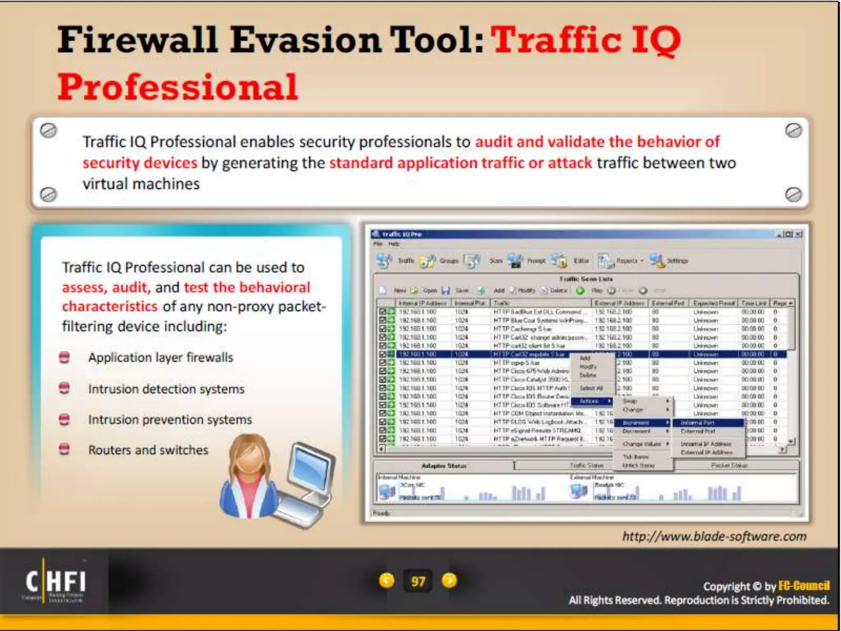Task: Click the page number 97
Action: pyautogui.click(x=418, y=581)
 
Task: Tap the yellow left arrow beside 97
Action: pyautogui.click(x=386, y=580)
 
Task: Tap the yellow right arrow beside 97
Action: pyautogui.click(x=449, y=580)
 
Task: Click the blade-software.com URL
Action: pyautogui.click(x=714, y=537)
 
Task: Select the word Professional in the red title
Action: pyautogui.click(x=178, y=87)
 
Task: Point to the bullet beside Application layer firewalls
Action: pyautogui.click(x=64, y=357)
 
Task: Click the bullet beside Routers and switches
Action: pyautogui.click(x=64, y=449)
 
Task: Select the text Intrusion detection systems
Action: pyautogui.click(x=166, y=389)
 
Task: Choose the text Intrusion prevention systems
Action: pyautogui.click(x=170, y=419)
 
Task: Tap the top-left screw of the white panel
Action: pyautogui.click(x=48, y=131)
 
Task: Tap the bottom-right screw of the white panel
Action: pyautogui.click(x=793, y=194)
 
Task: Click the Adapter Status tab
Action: pyautogui.click(x=443, y=466)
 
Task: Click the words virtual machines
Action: pyautogui.click(x=141, y=184)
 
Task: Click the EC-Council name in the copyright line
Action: pyautogui.click(x=804, y=585)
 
